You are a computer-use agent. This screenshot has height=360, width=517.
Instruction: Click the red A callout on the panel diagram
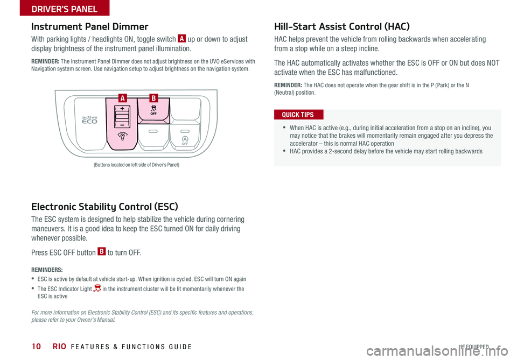[x=123, y=98]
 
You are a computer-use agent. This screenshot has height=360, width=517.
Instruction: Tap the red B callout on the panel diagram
[x=153, y=98]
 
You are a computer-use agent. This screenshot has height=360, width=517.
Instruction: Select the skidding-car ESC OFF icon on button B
[x=153, y=110]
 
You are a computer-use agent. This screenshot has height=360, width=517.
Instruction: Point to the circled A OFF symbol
[x=184, y=140]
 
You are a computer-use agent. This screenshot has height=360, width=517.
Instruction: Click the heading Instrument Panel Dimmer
[x=89, y=26]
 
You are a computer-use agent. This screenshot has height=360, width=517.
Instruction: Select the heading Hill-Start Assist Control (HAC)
[x=341, y=26]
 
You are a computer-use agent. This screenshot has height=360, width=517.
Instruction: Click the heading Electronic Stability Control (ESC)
[x=104, y=206]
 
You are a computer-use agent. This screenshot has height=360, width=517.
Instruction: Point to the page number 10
[x=36, y=347]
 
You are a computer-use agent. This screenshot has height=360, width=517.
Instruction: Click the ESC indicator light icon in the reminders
[x=97, y=289]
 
